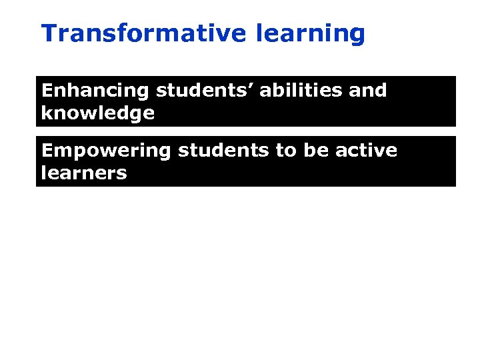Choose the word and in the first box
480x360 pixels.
point(366,91)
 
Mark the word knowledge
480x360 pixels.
point(98,113)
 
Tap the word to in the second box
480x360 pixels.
point(285,151)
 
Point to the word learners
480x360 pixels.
point(84,173)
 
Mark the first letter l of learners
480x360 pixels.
point(44,173)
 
